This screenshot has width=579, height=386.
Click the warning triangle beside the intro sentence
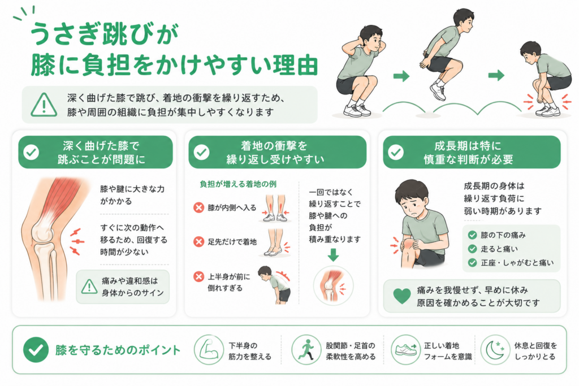pyautogui.click(x=44, y=105)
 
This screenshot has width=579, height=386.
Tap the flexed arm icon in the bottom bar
pyautogui.click(x=209, y=350)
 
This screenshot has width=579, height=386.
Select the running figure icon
pyautogui.click(x=306, y=350)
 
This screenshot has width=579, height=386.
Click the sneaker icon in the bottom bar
pyautogui.click(x=405, y=350)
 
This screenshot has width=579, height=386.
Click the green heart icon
pyautogui.click(x=402, y=296)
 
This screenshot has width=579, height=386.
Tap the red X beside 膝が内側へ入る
pyautogui.click(x=198, y=207)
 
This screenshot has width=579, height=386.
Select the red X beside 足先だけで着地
pyautogui.click(x=198, y=242)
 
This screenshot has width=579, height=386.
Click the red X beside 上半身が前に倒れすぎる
pyautogui.click(x=198, y=276)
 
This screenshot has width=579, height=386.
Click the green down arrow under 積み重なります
pyautogui.click(x=333, y=255)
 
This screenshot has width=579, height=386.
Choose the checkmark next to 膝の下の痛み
pyautogui.click(x=472, y=235)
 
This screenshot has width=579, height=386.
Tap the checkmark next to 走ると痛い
pyautogui.click(x=472, y=249)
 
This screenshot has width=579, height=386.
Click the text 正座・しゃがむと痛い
pyautogui.click(x=517, y=262)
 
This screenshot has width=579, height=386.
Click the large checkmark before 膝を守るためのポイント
pyautogui.click(x=36, y=350)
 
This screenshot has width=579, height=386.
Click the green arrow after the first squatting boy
pyautogui.click(x=401, y=76)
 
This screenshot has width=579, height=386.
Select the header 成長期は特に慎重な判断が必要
pyautogui.click(x=468, y=153)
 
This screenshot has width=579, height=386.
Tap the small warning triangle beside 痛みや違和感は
pyautogui.click(x=89, y=287)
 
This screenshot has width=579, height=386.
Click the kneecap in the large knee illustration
pyautogui.click(x=42, y=232)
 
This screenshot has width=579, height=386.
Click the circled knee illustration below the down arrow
pyautogui.click(x=333, y=285)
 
